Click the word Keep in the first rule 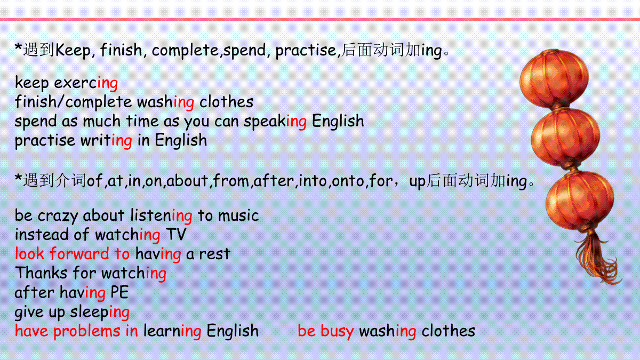[x=73, y=51]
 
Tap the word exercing [x=86, y=83]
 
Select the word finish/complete [x=73, y=102]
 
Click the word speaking [x=275, y=122]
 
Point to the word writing [x=106, y=141]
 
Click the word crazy [x=58, y=216]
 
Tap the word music [x=238, y=215]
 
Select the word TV [x=175, y=234]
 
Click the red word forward [x=79, y=254]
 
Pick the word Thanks [x=41, y=273]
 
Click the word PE [x=119, y=292]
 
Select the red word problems [x=87, y=331]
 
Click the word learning [x=172, y=331]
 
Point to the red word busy [x=337, y=331]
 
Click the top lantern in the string [x=554, y=78]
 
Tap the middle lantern [x=565, y=138]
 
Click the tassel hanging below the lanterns [x=597, y=257]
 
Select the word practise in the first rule [x=306, y=51]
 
